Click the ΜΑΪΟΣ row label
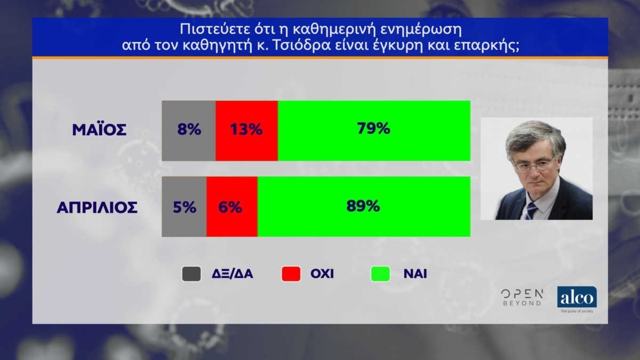[x=99, y=130]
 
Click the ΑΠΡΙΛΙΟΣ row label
[x=97, y=207]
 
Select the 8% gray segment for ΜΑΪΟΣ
[x=189, y=131]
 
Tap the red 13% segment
[x=246, y=131]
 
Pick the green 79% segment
[x=374, y=131]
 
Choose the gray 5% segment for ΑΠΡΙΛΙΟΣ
[x=184, y=206]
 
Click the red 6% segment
[x=232, y=206]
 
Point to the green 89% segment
[x=364, y=206]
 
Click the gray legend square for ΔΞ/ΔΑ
[x=191, y=274]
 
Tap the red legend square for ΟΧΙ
[x=291, y=274]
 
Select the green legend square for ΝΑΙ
[x=380, y=274]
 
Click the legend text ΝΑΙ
[x=415, y=274]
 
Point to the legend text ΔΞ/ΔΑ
[x=233, y=274]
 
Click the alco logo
[x=577, y=299]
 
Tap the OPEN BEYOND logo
[x=522, y=298]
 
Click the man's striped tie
[x=531, y=211]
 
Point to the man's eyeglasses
[x=533, y=166]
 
